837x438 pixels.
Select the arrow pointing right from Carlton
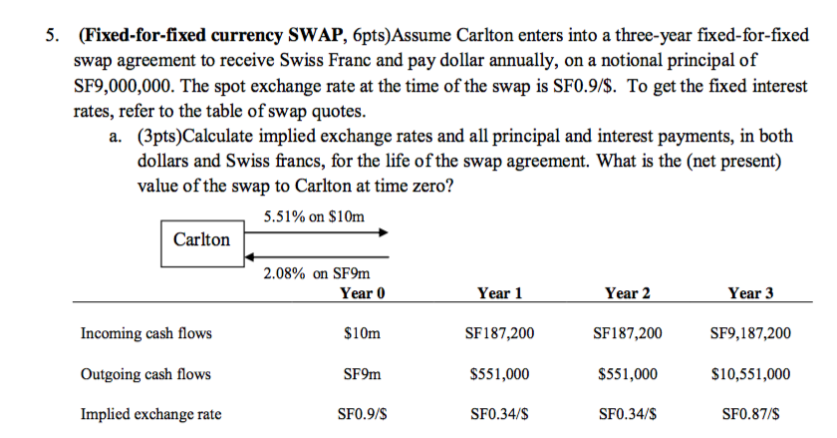tap(317, 232)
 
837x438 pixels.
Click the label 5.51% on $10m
tap(315, 216)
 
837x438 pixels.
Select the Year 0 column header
tap(362, 293)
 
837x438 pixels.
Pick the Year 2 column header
tap(628, 293)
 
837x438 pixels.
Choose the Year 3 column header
tap(751, 293)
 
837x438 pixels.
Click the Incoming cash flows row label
tap(145, 333)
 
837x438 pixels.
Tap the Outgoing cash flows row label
tap(145, 374)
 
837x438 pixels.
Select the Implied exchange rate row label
tap(150, 414)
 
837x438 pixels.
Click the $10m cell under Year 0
tap(362, 333)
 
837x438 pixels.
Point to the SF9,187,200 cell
tap(751, 333)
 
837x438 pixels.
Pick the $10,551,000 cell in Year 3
tap(751, 374)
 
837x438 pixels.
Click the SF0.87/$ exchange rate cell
tap(751, 414)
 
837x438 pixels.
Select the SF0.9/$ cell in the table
tap(362, 414)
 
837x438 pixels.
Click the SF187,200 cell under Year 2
tap(628, 333)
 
